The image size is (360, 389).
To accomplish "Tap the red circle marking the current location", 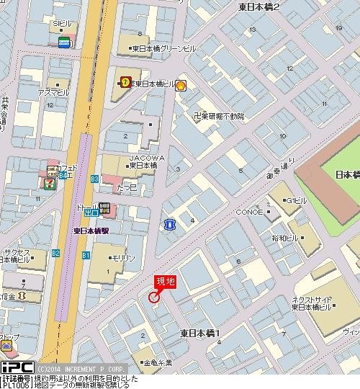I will point(153,297).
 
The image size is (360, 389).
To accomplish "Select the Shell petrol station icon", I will point(181,84).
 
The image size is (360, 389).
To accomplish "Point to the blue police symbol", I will point(169,225).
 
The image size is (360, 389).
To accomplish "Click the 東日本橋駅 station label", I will point(91,231).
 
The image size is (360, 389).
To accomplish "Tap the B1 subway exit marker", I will point(86,256).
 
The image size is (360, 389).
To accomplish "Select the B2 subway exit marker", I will point(56,253).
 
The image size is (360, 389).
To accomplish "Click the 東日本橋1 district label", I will point(199,332).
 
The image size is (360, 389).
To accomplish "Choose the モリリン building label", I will point(122,256).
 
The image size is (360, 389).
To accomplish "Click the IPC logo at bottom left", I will point(17,366).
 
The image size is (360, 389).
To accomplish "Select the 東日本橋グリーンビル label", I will point(163,48).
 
